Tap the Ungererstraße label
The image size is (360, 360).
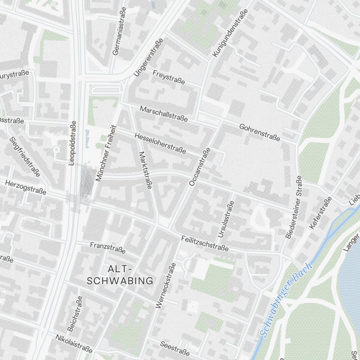pyautogui.click(x=148, y=58)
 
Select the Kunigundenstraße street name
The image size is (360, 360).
pyautogui.click(x=230, y=33)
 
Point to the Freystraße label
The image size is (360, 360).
pyautogui.click(x=168, y=77)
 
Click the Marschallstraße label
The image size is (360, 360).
pyautogui.click(x=164, y=114)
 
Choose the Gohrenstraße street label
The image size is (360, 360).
pyautogui.click(x=260, y=132)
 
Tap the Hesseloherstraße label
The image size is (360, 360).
pyautogui.click(x=160, y=143)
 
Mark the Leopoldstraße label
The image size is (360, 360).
pyautogui.click(x=73, y=143)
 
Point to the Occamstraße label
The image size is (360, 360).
pyautogui.click(x=199, y=167)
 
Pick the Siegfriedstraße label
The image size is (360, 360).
pyautogui.click(x=25, y=157)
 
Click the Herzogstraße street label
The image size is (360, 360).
pyautogui.click(x=26, y=188)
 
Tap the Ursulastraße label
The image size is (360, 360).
pyautogui.click(x=226, y=219)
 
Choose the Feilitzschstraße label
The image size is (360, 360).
pyautogui.click(x=205, y=243)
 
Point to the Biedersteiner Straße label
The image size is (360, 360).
pyautogui.click(x=293, y=207)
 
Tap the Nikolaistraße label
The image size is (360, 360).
pyautogui.click(x=74, y=343)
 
